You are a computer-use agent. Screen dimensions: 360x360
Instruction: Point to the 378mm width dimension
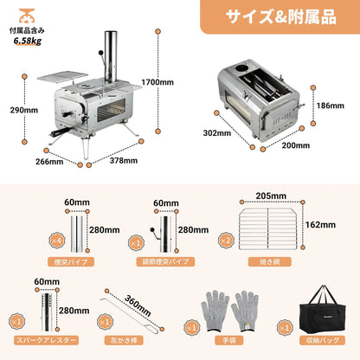[123, 160]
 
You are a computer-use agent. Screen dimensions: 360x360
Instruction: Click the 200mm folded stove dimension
[296, 145]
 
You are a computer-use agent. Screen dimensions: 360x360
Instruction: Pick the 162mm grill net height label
[320, 225]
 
